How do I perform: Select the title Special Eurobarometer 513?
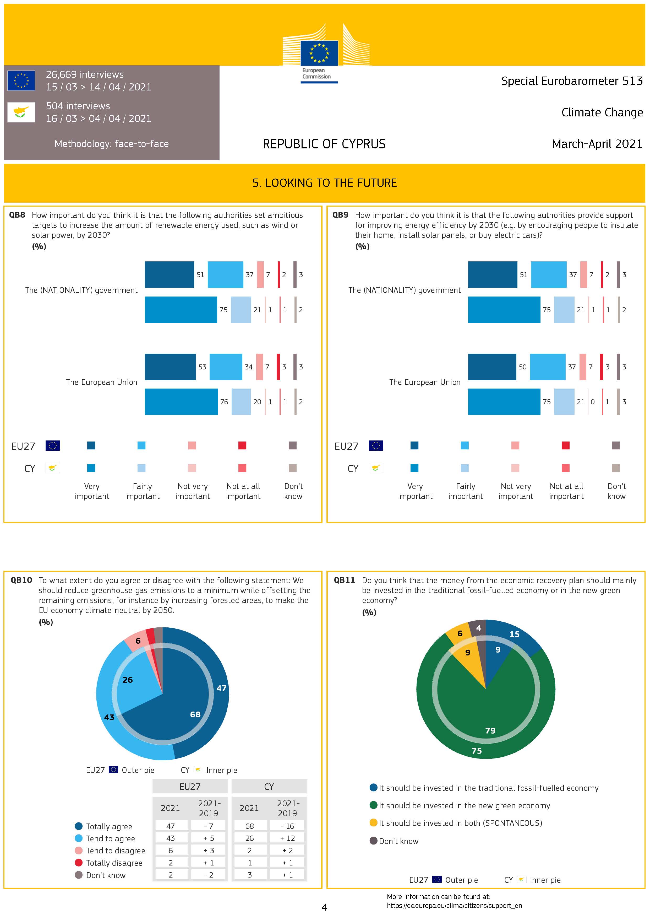click(x=571, y=81)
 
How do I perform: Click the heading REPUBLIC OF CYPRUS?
click(x=324, y=144)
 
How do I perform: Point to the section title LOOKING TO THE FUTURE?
click(x=324, y=183)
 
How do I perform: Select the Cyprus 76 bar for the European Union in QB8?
click(x=181, y=401)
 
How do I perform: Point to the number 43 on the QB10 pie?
click(x=109, y=717)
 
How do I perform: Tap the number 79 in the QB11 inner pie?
click(x=490, y=730)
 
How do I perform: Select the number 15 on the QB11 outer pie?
click(x=515, y=634)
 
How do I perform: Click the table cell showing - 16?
click(x=287, y=826)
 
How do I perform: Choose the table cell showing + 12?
click(x=287, y=838)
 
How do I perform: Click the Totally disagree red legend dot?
click(x=79, y=863)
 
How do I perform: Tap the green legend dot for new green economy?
click(x=373, y=805)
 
